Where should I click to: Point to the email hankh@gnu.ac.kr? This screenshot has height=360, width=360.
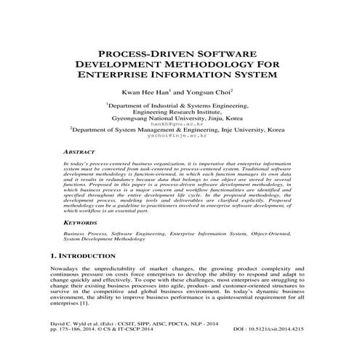180,124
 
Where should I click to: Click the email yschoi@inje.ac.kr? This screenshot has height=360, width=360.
180,136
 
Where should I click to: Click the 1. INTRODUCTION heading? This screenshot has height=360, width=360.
86,257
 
